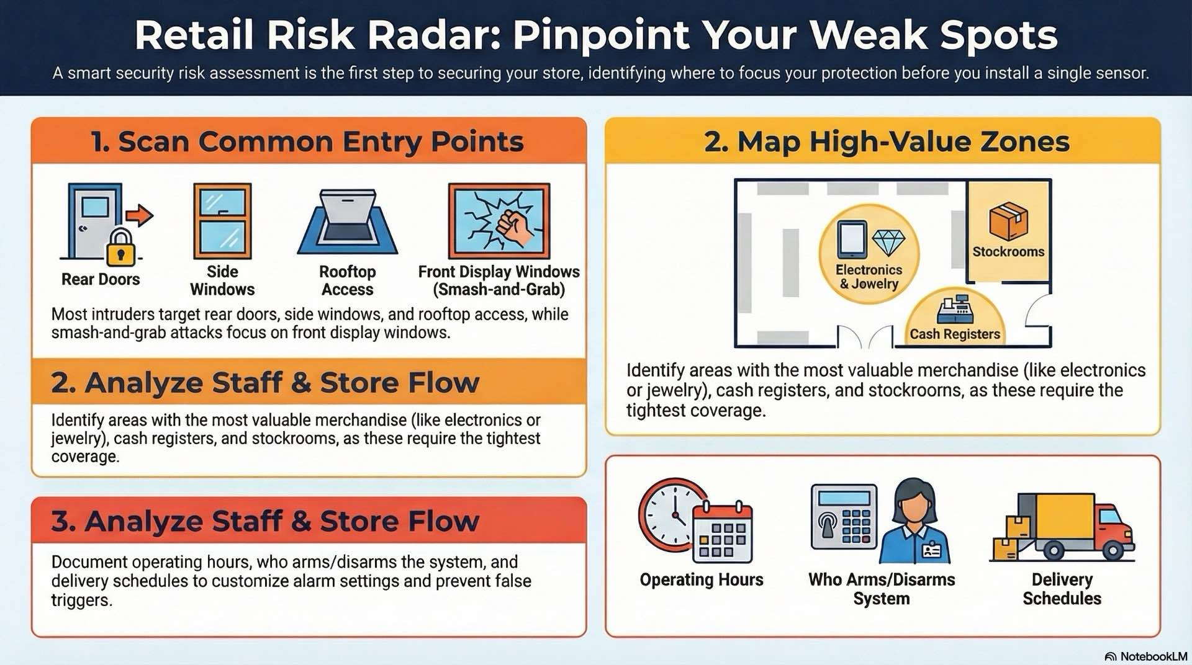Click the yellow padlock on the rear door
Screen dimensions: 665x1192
(120, 248)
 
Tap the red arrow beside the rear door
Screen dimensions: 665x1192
(140, 215)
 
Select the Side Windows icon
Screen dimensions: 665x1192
(222, 221)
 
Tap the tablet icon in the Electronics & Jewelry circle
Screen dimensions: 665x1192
(852, 239)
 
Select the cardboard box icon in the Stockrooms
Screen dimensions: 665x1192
(1008, 221)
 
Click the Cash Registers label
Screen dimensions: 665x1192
(955, 334)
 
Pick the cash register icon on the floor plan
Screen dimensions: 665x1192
(955, 308)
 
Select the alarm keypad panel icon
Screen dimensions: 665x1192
(844, 517)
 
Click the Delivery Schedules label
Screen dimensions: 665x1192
(1062, 589)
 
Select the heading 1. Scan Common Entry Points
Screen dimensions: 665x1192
(308, 141)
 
